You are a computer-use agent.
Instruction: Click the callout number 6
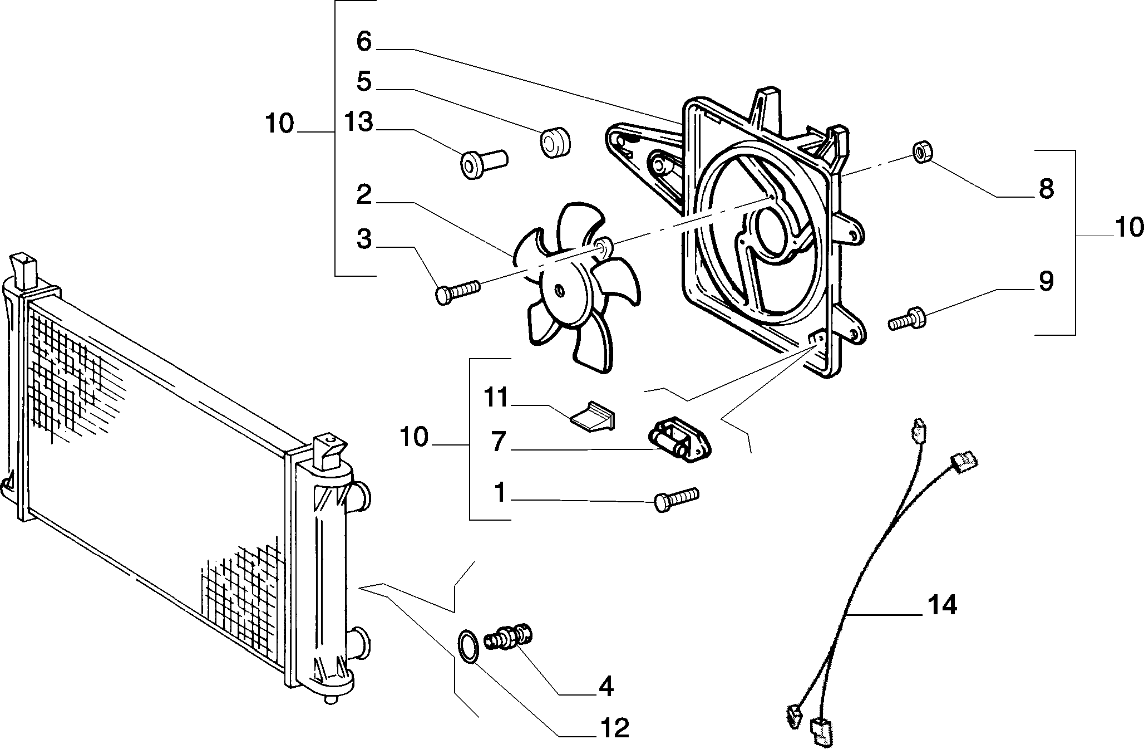pyautogui.click(x=364, y=41)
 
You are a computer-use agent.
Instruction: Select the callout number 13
pyautogui.click(x=357, y=122)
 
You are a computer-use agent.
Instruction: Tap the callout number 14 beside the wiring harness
pyautogui.click(x=942, y=604)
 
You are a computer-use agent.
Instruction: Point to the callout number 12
pyautogui.click(x=614, y=728)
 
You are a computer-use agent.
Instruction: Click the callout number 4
pyautogui.click(x=605, y=687)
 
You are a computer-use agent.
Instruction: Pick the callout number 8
pyautogui.click(x=1046, y=189)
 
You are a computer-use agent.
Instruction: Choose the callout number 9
pyautogui.click(x=1046, y=281)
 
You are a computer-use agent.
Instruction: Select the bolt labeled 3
pyautogui.click(x=457, y=291)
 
